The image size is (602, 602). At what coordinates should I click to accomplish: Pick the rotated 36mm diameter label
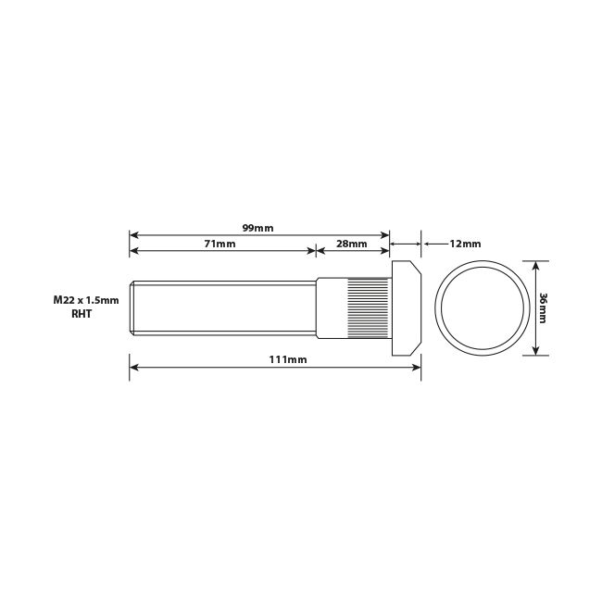tap(543, 307)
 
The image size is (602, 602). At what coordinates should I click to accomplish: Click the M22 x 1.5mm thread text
tap(86, 301)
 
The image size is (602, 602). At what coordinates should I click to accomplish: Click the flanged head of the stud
tap(408, 307)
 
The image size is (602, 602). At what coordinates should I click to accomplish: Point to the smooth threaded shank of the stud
tap(222, 307)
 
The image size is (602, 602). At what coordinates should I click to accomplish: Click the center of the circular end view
tap(480, 307)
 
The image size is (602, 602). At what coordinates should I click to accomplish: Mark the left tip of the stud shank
tap(131, 307)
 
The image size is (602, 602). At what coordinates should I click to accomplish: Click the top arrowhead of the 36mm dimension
tap(535, 264)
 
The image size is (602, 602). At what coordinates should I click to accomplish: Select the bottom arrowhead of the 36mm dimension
tap(535, 351)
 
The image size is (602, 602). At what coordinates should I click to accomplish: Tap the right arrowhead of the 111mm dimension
tap(418, 367)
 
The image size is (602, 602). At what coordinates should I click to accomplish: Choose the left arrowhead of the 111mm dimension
tap(133, 367)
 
